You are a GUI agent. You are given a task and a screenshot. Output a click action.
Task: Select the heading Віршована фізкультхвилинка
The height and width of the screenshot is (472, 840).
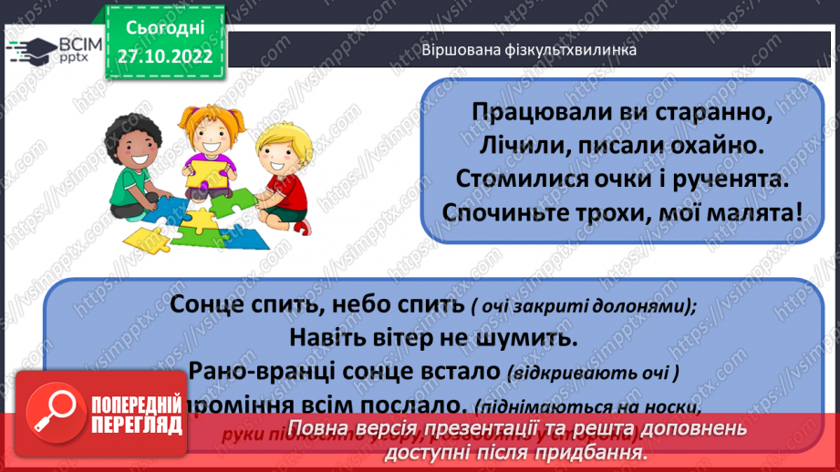coord(527,49)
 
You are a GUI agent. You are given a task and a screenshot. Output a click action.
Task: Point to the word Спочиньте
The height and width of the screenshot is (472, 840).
coord(498,212)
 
